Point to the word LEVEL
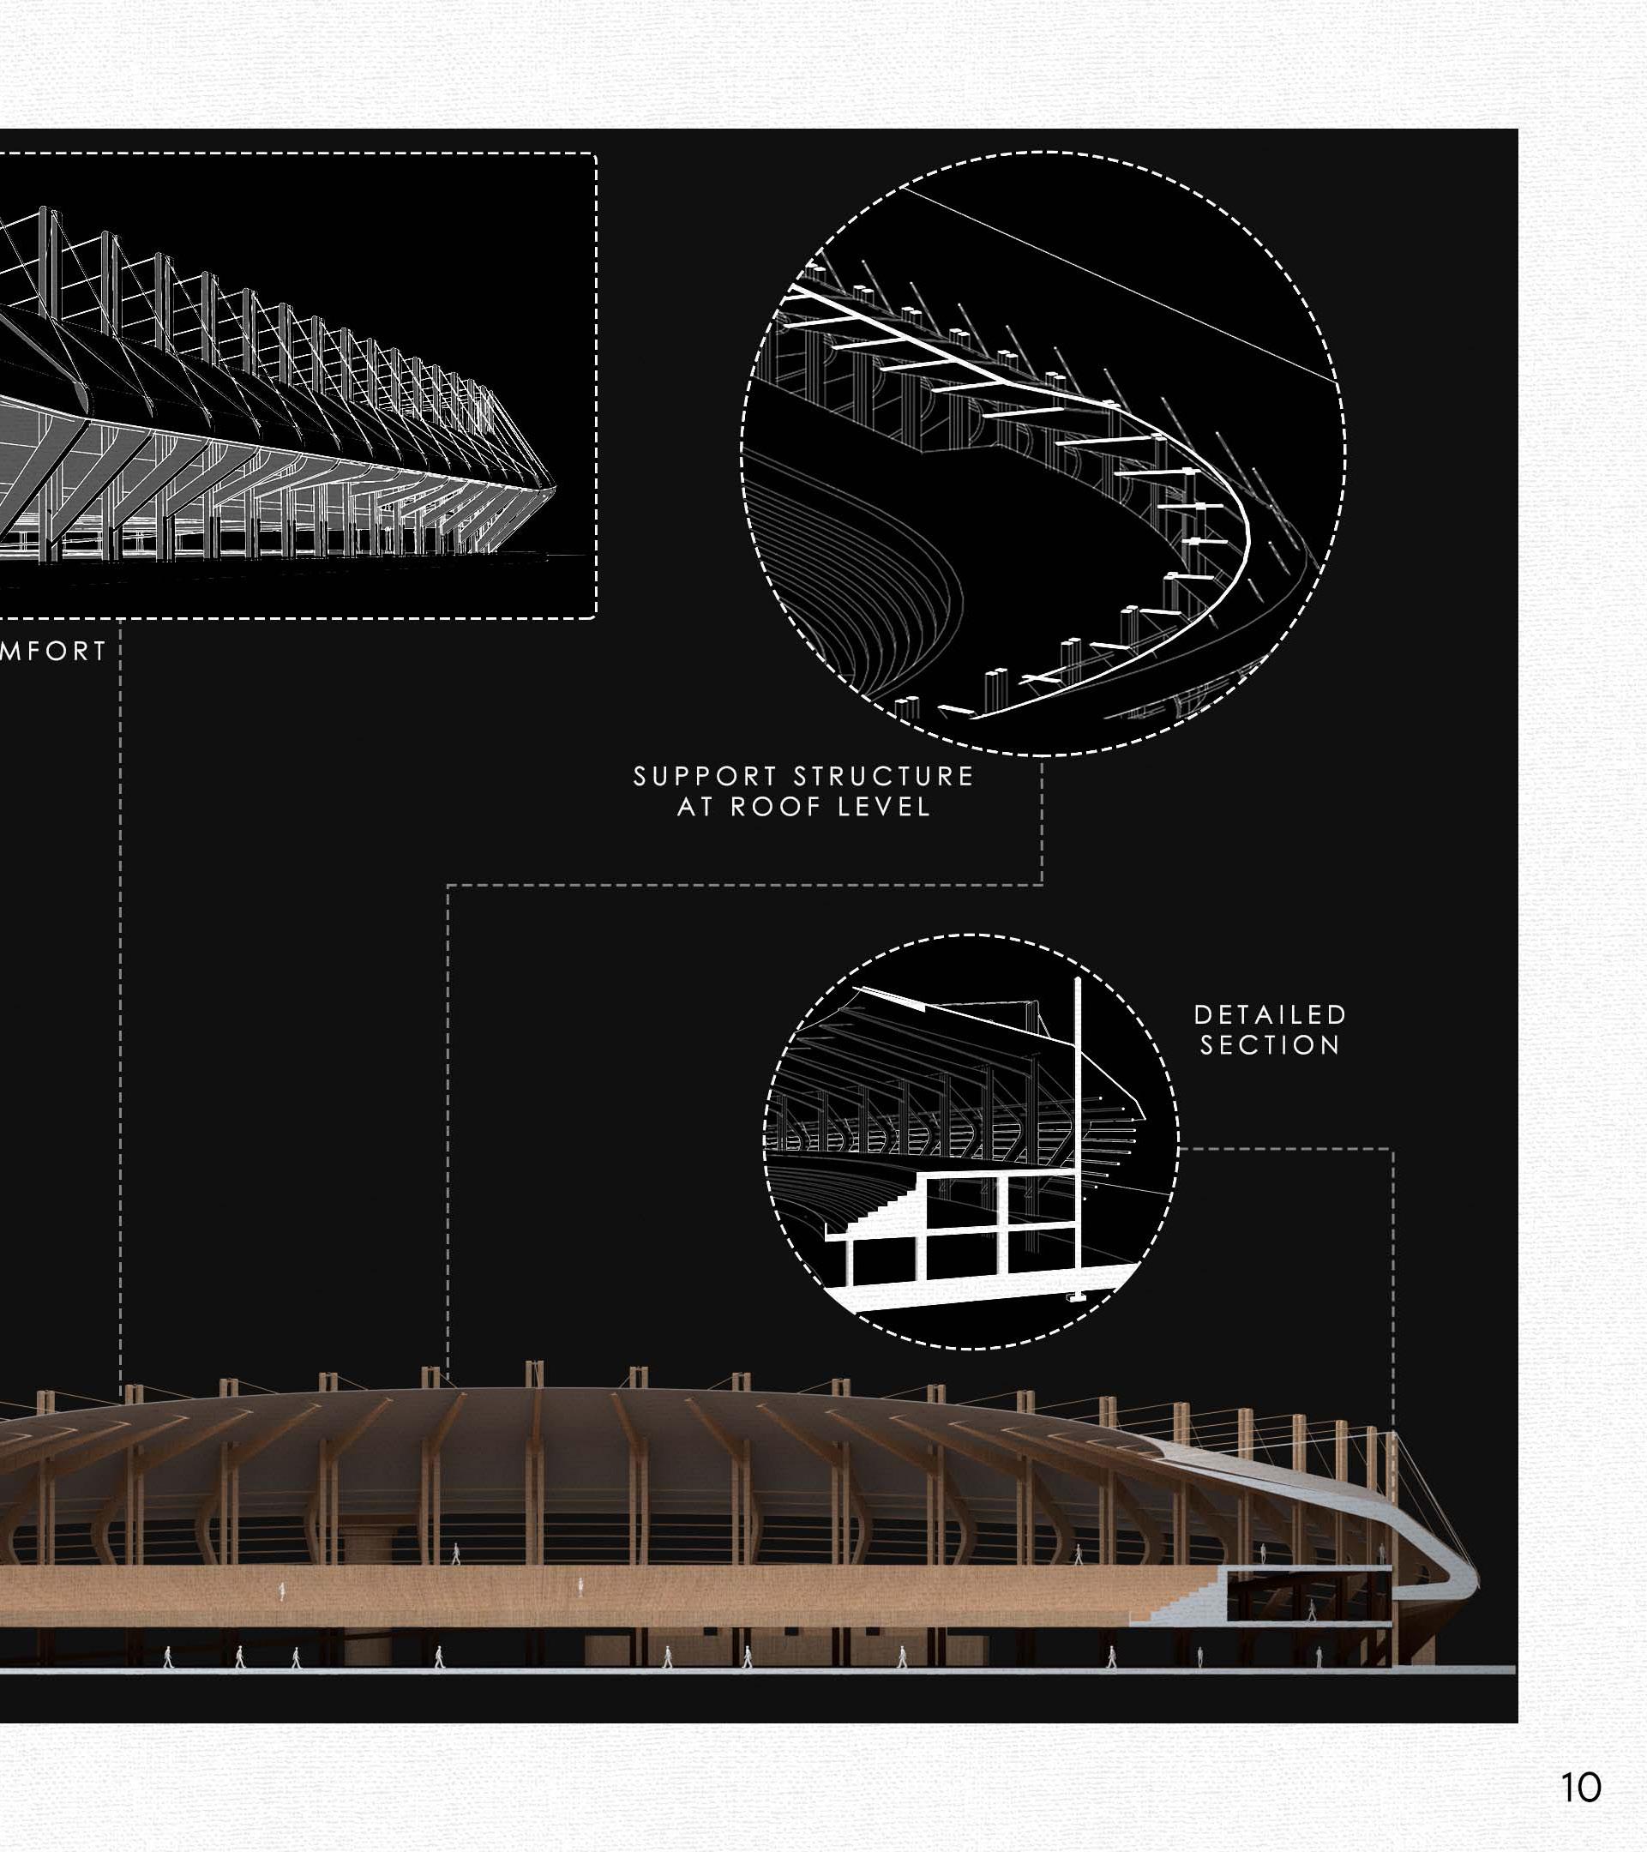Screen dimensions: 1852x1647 883,808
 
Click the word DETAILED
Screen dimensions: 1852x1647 1270,1015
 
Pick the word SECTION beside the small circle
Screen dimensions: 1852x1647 1270,1045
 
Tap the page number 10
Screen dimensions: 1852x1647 1581,1788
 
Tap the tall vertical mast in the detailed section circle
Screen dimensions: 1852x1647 1077,1133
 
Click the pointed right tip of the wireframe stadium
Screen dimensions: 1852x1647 553,489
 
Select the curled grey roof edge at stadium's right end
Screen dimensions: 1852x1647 1458,1577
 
